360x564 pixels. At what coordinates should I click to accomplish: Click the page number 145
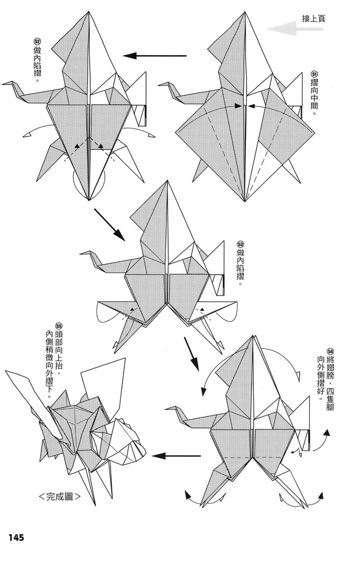pyautogui.click(x=15, y=537)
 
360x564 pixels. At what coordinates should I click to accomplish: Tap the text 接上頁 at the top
pyautogui.click(x=314, y=19)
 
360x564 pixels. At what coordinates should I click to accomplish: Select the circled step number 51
pyautogui.click(x=314, y=75)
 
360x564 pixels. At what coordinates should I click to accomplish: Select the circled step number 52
pyautogui.click(x=38, y=41)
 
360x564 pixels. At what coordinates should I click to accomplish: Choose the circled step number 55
pyautogui.click(x=59, y=325)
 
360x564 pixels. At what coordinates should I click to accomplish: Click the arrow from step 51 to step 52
pyautogui.click(x=155, y=55)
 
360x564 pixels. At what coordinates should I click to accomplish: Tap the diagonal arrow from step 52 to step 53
pyautogui.click(x=110, y=224)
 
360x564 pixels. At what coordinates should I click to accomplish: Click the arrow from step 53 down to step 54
pyautogui.click(x=192, y=353)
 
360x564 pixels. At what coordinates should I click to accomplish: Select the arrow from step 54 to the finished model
pyautogui.click(x=177, y=456)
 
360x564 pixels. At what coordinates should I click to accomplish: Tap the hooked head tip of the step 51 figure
pyautogui.click(x=160, y=85)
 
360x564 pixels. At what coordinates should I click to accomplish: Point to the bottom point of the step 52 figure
pyautogui.click(x=89, y=200)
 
